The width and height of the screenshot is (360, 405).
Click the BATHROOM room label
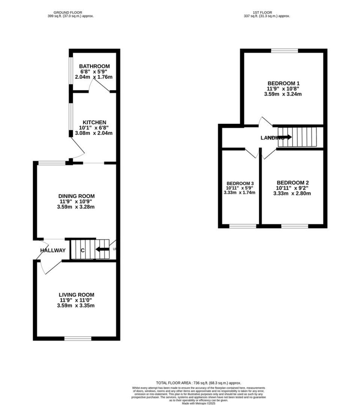pyautogui.click(x=94, y=66)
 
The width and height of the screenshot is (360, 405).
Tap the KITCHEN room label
pyautogui.click(x=94, y=122)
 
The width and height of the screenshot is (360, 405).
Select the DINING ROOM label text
pyautogui.click(x=76, y=196)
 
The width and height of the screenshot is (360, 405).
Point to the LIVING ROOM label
pyautogui.click(x=76, y=295)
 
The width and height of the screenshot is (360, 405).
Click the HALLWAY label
pyautogui.click(x=53, y=250)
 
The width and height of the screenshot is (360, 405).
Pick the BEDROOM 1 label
pyautogui.click(x=283, y=83)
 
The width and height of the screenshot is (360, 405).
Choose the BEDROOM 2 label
pyautogui.click(x=292, y=182)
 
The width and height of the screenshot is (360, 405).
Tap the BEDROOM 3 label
pyautogui.click(x=240, y=184)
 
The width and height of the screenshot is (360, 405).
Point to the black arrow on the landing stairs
pyautogui.click(x=285, y=137)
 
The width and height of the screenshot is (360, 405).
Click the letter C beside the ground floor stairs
pyautogui.click(x=83, y=250)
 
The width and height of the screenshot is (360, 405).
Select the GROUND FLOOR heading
pyautogui.click(x=70, y=12)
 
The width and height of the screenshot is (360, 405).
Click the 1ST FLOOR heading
pyautogui.click(x=266, y=12)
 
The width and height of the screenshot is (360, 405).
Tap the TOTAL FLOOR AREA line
pyautogui.click(x=199, y=383)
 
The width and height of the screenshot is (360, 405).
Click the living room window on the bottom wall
pyautogui.click(x=78, y=339)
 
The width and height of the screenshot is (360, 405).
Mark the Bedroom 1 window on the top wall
pyautogui.click(x=284, y=51)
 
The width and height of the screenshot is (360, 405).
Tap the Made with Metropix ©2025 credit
pyautogui.click(x=199, y=403)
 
